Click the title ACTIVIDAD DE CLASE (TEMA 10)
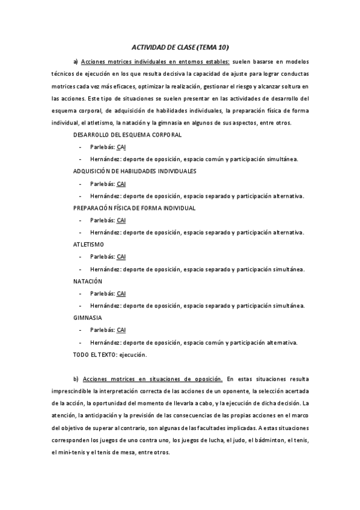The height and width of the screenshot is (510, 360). point(180,46)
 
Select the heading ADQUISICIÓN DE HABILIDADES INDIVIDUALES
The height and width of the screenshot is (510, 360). point(135,171)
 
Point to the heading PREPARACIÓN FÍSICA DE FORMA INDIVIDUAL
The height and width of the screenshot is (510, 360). point(135,207)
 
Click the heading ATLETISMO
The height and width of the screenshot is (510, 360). point(89,244)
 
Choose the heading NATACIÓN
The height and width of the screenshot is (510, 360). point(88,281)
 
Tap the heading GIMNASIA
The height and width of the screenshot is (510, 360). point(88,318)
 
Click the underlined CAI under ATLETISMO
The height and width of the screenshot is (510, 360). point(121,257)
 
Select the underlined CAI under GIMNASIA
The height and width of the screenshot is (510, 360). point(121,330)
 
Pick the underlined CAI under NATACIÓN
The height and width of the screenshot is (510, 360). point(121,293)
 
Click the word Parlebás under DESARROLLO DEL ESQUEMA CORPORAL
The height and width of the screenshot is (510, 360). point(102,147)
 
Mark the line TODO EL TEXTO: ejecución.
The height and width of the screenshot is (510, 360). point(110,355)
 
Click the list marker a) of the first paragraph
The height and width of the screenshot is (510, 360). point(76,61)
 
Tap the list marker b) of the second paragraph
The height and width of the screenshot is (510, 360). point(76,379)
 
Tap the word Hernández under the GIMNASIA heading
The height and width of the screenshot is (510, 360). point(104,342)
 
